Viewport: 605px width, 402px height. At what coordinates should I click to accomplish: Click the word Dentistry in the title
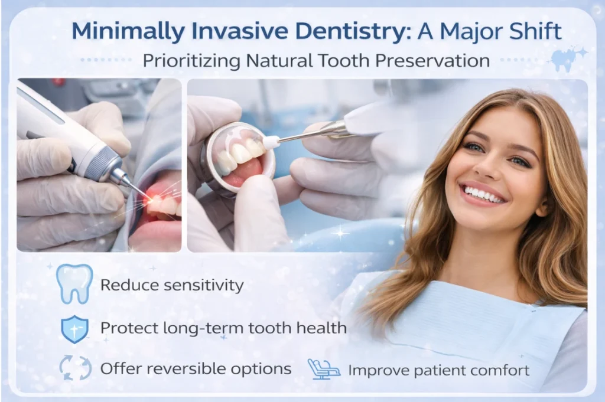click(349, 31)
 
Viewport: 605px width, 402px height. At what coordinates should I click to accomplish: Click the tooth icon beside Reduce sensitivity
click(74, 284)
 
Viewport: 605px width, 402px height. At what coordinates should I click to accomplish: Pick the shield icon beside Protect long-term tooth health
click(74, 328)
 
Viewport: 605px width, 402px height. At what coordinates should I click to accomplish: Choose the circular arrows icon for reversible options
click(75, 368)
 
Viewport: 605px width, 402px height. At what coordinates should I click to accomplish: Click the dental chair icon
click(324, 369)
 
